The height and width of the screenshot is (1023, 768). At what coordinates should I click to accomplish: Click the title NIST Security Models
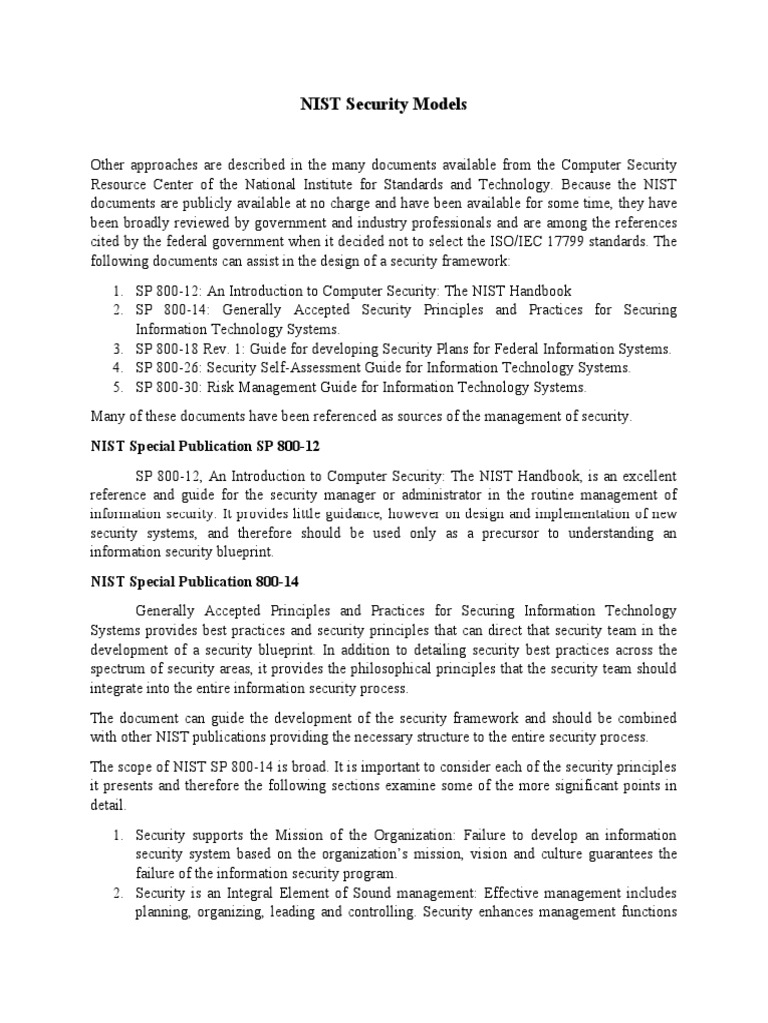tap(384, 104)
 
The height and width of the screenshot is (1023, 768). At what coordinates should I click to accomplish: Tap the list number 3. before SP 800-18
tap(117, 348)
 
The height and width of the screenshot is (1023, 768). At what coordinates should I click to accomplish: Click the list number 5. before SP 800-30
tap(117, 387)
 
